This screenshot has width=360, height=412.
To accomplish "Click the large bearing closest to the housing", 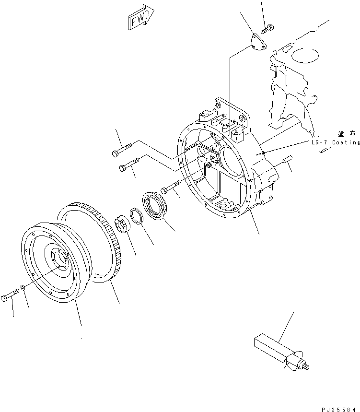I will tap(154, 206).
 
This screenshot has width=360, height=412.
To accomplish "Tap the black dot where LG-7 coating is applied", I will tap(263, 153).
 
